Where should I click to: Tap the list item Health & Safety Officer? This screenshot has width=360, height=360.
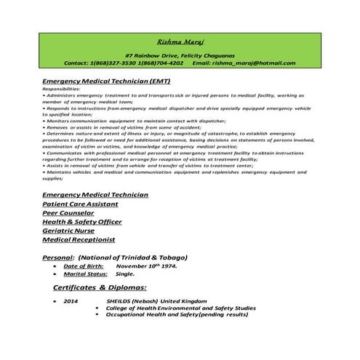click(81, 223)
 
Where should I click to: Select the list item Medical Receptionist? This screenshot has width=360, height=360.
click(79, 240)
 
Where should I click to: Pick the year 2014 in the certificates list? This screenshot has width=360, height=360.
click(71, 301)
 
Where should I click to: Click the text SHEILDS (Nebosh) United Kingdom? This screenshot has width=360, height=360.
click(151, 301)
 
